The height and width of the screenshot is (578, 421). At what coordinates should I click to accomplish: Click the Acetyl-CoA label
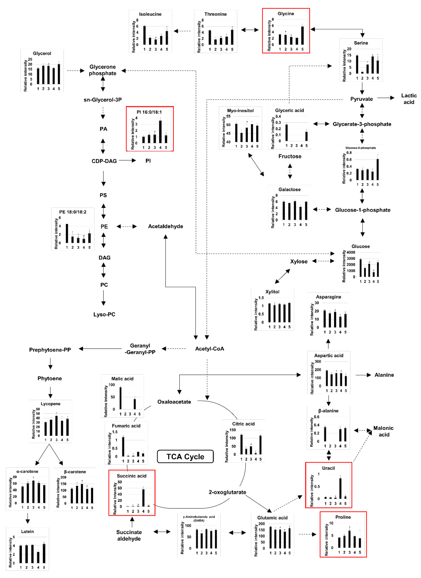209,349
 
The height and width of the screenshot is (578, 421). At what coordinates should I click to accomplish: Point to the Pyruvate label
361,99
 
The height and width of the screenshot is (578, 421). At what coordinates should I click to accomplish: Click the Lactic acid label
409,99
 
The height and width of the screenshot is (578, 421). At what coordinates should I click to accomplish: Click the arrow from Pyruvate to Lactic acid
386,98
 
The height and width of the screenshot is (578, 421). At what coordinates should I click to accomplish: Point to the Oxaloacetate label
174,402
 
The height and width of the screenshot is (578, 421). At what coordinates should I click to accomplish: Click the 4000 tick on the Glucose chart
351,252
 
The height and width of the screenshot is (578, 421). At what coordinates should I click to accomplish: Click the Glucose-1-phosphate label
362,210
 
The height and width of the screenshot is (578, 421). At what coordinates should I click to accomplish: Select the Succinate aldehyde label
129,535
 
